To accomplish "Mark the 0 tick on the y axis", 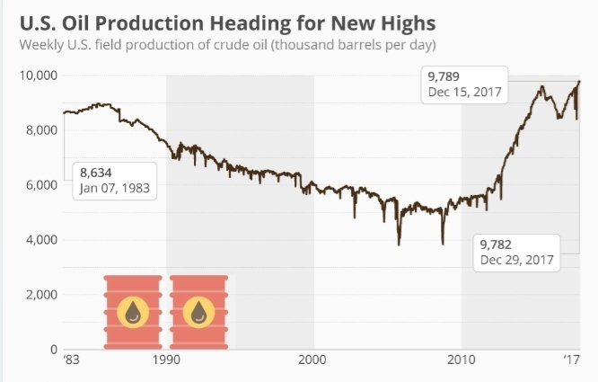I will point(52,350).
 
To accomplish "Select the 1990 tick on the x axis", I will point(166,364).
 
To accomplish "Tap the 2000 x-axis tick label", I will point(312,364).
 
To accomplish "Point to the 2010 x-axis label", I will point(461,364).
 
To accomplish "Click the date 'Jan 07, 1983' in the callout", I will point(113,189).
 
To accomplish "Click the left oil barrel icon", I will point(132,311).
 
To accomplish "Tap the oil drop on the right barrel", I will point(198,312).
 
